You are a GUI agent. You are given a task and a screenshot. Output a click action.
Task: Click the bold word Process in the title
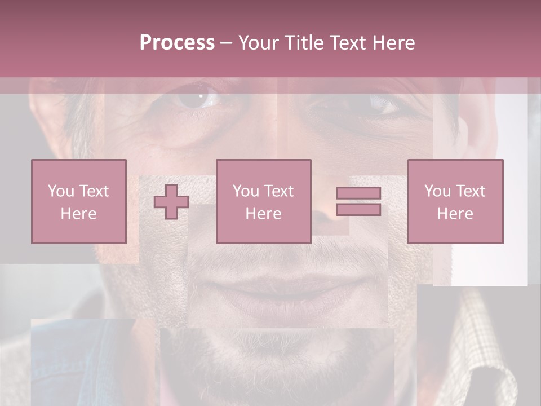(x=177, y=43)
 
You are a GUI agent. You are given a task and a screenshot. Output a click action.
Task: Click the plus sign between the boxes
(x=171, y=202)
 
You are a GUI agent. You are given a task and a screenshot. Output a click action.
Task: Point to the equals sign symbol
(x=358, y=201)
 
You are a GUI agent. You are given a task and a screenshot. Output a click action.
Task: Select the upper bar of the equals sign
(x=358, y=193)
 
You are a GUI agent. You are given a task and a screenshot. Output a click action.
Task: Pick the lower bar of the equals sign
(x=358, y=209)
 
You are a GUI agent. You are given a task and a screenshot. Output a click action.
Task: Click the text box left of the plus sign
(x=78, y=201)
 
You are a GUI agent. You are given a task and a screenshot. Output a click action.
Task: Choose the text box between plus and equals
(x=263, y=201)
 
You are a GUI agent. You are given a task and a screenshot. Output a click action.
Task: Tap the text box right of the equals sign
(x=455, y=201)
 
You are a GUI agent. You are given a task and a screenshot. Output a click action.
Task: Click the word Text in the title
(x=345, y=43)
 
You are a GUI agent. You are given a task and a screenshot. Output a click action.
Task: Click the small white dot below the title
(x=200, y=96)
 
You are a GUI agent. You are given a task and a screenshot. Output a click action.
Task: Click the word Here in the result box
(x=455, y=213)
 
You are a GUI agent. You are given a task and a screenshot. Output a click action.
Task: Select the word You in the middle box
(x=246, y=191)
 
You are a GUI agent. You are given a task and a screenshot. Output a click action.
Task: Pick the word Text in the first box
(x=94, y=191)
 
